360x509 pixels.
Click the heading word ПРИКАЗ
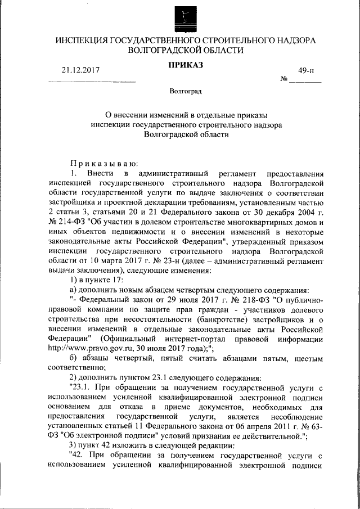(x=185, y=66)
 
